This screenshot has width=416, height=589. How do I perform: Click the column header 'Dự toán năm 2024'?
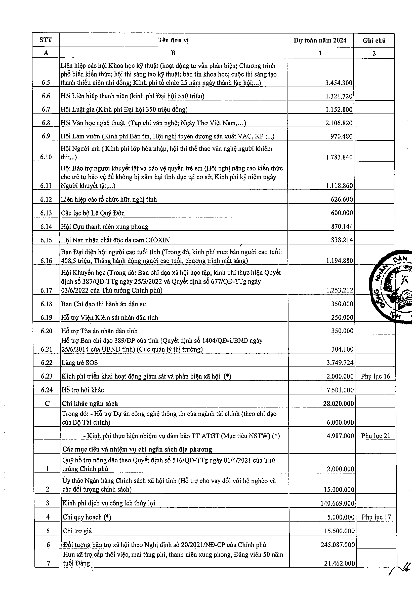pos(320,41)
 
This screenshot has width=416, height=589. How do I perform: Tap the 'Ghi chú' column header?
pos(374,41)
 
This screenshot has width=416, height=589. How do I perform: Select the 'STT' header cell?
pos(46,40)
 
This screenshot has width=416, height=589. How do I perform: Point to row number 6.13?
pos(46,213)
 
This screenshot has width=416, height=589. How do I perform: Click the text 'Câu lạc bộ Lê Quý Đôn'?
pos(93,213)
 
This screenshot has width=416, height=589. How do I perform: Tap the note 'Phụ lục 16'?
pos(375,376)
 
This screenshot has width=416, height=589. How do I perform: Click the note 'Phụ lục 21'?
pos(376,436)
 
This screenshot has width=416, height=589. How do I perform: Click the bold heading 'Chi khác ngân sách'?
pos(90,403)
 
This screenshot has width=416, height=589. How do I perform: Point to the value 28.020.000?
pos(338,403)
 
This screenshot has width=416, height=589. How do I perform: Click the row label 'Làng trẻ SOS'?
pos(79,362)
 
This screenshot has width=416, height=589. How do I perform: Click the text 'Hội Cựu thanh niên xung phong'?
pos(104,227)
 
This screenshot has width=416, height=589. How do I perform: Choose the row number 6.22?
pos(46,362)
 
